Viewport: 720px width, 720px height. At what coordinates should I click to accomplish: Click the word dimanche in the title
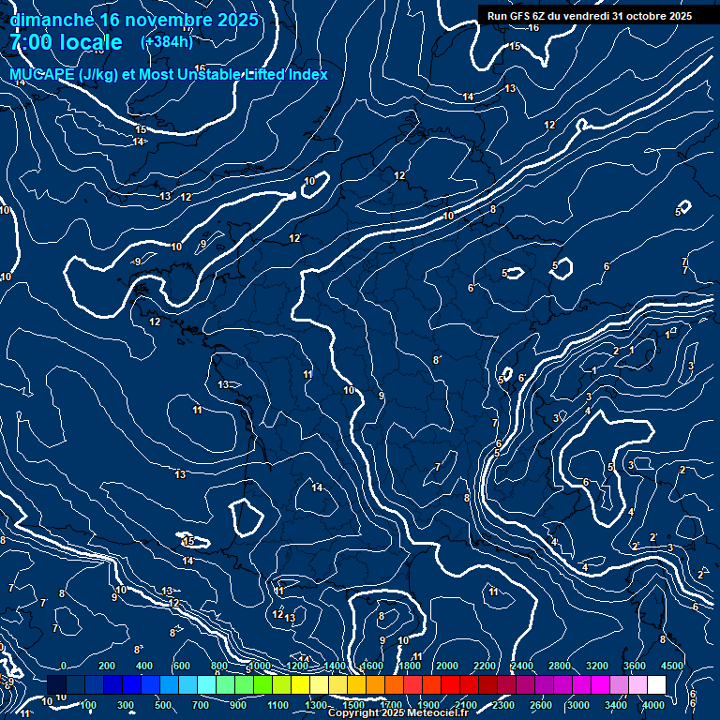coord(52,20)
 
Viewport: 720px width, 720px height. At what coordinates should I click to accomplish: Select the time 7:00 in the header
coord(33,42)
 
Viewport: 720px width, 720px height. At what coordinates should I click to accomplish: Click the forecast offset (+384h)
coord(166,41)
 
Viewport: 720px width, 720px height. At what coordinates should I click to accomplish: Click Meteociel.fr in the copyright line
coord(437,713)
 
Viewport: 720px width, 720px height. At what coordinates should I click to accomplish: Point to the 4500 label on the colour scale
coord(672,666)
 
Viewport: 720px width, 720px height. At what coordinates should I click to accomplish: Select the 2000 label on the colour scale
coord(446,666)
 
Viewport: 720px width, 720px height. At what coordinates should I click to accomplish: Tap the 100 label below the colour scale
coord(88,705)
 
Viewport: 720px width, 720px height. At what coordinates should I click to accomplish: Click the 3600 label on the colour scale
coord(634,666)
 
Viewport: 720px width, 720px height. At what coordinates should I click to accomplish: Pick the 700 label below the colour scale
coord(201,705)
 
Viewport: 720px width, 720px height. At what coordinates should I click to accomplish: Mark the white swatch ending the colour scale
coord(656,685)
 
